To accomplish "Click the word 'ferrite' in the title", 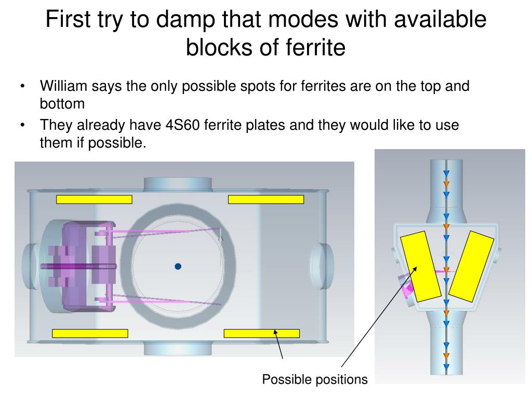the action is point(315,47).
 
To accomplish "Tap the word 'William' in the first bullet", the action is point(63,86).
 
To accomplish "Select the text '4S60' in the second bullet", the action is point(182,125).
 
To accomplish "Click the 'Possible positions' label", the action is point(315,379).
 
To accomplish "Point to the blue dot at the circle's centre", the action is point(178,267).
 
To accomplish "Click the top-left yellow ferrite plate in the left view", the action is point(94,199).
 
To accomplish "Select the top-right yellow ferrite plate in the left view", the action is point(266,199).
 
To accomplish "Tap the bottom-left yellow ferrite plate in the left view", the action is point(90,333).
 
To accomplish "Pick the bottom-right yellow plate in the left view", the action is point(262,333).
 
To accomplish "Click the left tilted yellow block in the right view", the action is point(421,267).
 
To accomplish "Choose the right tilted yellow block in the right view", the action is point(471,267).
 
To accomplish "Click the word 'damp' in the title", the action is point(185,19).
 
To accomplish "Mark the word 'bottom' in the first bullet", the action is point(62,103).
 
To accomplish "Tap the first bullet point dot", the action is point(22,86).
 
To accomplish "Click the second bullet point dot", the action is point(22,125).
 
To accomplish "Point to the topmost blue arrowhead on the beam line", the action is point(446,174).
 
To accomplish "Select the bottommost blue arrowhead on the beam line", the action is point(446,367).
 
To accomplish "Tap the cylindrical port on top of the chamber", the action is point(178,184).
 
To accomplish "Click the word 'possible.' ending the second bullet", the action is point(117,143).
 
